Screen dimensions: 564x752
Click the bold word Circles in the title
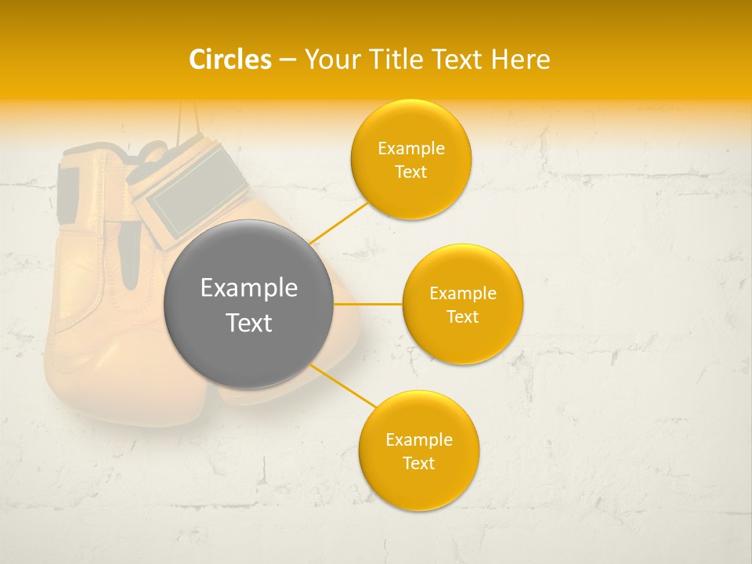point(230,60)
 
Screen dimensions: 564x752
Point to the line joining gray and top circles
point(338,222)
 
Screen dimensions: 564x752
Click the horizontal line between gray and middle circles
point(367,304)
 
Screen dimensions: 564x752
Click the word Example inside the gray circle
point(249,288)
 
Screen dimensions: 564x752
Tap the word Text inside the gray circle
point(249,323)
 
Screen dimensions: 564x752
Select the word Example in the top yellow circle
point(410,149)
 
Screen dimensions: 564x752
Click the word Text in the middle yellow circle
point(462,316)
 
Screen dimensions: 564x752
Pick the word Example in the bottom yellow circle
point(418,439)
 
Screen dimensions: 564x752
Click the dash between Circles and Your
point(287,60)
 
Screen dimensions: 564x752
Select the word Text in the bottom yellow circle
point(418,463)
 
